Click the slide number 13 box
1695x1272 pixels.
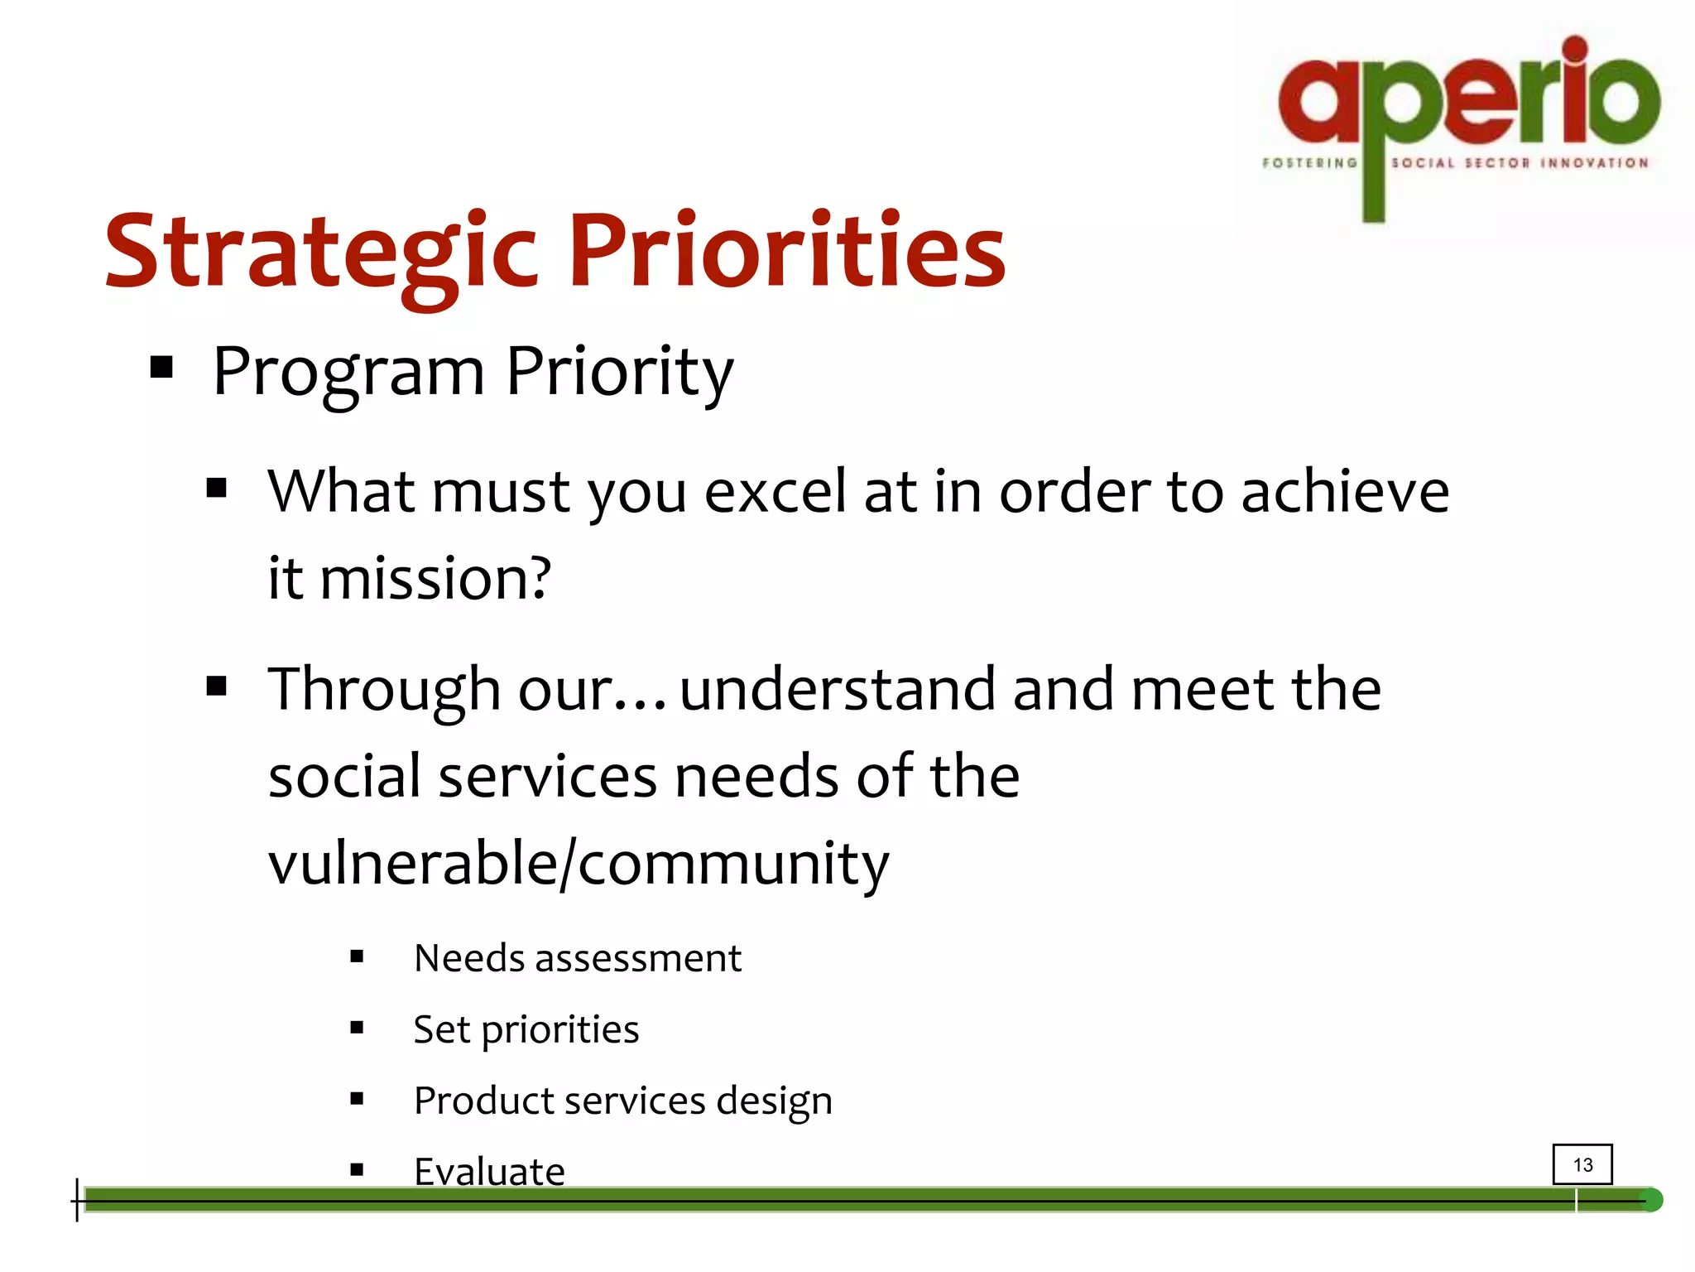[x=1582, y=1164]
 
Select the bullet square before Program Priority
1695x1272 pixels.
[x=161, y=367]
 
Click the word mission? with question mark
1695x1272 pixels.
[x=435, y=578]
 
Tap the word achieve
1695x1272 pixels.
[x=1345, y=492]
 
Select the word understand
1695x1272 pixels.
[x=838, y=690]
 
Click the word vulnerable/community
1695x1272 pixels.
[x=578, y=864]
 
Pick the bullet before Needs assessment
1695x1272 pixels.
[x=357, y=957]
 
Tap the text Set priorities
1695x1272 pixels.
[x=526, y=1030]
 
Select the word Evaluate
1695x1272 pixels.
[x=489, y=1171]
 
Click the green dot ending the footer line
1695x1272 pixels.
[x=1650, y=1200]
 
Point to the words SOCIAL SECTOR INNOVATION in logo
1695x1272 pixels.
[x=1520, y=163]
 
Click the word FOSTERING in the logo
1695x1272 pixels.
[x=1309, y=163]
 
